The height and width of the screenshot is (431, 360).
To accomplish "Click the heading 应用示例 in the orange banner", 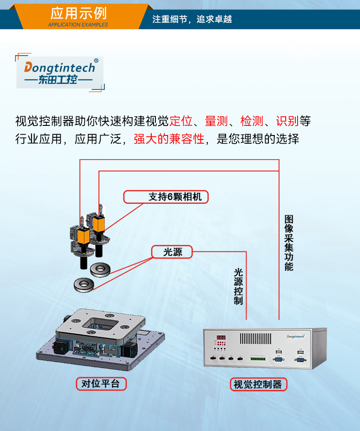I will coord(78,13).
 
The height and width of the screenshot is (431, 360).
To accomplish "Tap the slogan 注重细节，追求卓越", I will coord(192,20).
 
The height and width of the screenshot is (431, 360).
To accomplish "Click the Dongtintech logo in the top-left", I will coord(60,73).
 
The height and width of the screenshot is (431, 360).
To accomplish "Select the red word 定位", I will coord(181,121).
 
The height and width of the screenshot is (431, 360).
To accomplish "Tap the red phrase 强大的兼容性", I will coord(169,139).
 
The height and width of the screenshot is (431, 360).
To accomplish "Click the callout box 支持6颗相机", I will coord(166,197).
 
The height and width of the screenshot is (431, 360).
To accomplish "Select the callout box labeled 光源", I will coord(172,252).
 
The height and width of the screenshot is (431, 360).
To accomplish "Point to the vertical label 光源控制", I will coord(238,286).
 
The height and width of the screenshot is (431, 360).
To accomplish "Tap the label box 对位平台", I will coord(100,384).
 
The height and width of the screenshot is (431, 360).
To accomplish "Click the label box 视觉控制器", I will coord(258,384).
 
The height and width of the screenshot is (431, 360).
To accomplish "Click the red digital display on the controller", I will coord(221,338).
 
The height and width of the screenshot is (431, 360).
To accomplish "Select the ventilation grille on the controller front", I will coord(256,338).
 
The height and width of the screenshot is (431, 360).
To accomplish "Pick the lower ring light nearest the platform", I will coord(84,285).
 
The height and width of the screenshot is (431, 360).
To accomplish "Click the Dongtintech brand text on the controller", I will coord(298,336).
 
